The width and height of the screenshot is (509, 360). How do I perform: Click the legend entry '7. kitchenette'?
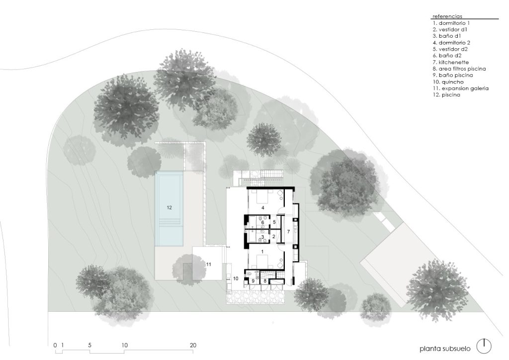coord(450,62)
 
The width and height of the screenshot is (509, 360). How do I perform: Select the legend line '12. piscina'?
coord(446,95)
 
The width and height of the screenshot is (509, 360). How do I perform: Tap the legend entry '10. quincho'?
coord(448,82)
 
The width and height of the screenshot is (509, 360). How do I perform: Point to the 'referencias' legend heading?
coord(447,16)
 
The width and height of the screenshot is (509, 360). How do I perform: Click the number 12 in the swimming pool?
coord(169,207)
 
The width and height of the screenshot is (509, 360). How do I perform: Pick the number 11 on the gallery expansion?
coord(208,264)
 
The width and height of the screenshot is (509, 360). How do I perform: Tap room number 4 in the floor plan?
coord(263,207)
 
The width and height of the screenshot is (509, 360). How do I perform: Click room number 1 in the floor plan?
coord(262,252)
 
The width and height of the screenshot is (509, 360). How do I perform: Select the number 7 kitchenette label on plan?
coord(288,232)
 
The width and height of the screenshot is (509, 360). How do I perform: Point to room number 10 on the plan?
coord(236,278)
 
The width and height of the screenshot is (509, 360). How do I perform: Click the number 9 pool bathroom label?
coord(253,281)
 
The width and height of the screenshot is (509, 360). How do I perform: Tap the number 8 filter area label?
coord(265,281)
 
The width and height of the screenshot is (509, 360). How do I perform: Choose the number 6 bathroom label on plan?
coord(262,222)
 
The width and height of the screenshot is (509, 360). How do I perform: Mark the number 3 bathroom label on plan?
coord(262,237)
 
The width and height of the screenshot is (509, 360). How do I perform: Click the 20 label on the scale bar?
coord(193,346)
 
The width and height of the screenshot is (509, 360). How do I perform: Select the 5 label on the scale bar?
coord(90,346)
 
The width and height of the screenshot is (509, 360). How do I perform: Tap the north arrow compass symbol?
coord(484,346)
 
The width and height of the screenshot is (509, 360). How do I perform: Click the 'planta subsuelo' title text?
coord(445,349)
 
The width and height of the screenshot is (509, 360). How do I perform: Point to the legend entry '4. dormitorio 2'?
coord(451,43)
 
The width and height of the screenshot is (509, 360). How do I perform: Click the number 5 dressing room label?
coord(274,222)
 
